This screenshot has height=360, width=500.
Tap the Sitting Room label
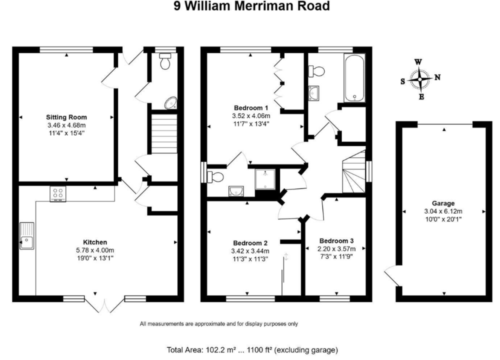tap(66, 117)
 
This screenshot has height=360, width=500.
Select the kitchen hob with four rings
tap(57, 193)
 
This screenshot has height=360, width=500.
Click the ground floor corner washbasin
tap(171, 102)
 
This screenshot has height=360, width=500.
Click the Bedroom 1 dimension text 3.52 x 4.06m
tap(252, 116)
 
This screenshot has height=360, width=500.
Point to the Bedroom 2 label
tap(250, 242)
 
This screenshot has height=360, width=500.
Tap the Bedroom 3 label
tap(337, 240)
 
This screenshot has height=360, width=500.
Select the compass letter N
tap(437, 77)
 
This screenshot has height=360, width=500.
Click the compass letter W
tap(419, 62)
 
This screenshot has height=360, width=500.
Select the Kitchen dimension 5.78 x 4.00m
tap(95, 250)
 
